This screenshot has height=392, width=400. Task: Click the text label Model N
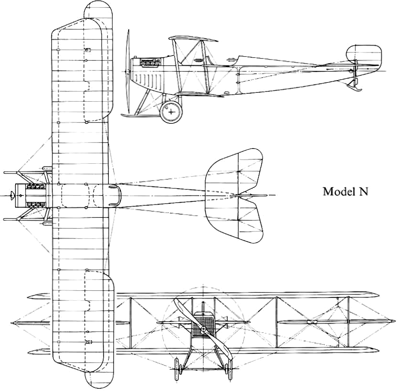pyautogui.click(x=346, y=191)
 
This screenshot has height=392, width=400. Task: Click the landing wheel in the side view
pyautogui.click(x=171, y=111)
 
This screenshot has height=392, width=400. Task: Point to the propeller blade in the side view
pyautogui.click(x=128, y=72)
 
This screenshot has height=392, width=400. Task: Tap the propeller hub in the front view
pyautogui.click(x=203, y=330)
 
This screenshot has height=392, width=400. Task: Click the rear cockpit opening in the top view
pyautogui.click(x=103, y=195)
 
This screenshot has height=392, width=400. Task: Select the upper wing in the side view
pyautogui.click(x=193, y=39)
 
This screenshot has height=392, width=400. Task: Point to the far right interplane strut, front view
pyautogui.click(x=348, y=322)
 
